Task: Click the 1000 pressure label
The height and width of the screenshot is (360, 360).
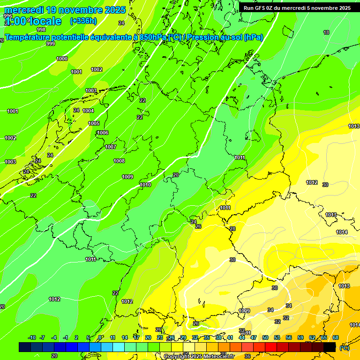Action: tap(61, 59)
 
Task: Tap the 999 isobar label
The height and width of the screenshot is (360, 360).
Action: tap(51, 44)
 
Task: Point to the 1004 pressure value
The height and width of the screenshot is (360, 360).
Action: tap(88, 111)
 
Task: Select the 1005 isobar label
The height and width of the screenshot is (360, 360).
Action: tap(94, 124)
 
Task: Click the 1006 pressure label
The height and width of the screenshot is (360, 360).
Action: tap(103, 133)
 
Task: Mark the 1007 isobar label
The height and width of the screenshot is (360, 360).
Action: tap(111, 147)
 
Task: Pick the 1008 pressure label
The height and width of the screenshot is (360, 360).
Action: tap(119, 161)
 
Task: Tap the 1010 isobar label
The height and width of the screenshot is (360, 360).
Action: tap(145, 185)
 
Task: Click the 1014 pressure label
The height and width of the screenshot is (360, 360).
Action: tap(342, 232)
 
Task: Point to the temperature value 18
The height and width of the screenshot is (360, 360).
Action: tap(326, 32)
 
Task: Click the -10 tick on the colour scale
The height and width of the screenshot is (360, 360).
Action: tap(32, 338)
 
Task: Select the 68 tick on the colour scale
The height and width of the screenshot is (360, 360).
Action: tap(336, 338)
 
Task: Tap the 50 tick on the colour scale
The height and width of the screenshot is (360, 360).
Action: tap(265, 338)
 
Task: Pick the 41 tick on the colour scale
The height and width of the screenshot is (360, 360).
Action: tap(230, 338)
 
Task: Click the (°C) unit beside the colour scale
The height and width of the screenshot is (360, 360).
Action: tap(344, 347)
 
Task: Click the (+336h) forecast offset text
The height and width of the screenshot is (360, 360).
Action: tap(83, 21)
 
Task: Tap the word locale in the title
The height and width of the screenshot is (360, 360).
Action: tap(45, 21)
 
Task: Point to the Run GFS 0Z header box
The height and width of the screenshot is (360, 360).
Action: tap(297, 8)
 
